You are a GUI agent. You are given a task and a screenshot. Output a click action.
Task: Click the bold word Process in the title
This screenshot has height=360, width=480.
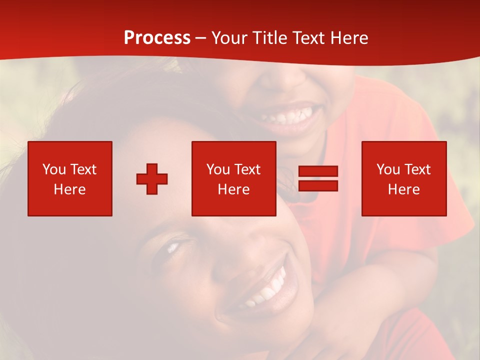tap(157, 38)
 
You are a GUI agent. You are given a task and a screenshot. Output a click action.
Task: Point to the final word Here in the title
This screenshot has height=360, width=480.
tap(349, 38)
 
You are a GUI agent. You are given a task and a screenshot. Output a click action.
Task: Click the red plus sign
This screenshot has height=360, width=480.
tap(152, 179)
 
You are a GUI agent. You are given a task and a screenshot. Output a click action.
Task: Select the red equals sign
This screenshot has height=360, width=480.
tap(318, 178)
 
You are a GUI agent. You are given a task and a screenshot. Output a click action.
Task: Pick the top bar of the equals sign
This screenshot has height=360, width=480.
tap(318, 171)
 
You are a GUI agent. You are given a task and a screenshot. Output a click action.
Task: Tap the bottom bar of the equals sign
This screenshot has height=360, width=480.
tap(318, 185)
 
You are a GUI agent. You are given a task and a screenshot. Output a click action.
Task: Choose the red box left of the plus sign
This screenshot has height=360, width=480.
tap(70, 178)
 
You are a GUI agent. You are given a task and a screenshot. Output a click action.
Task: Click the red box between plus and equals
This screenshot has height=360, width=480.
tap(233, 178)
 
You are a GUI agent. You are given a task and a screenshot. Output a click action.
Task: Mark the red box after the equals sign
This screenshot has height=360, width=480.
tap(404, 178)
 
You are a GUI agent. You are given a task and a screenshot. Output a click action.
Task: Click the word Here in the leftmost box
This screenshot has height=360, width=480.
tap(70, 189)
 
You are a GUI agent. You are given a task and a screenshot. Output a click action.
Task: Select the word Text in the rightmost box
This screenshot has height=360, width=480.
tap(417, 169)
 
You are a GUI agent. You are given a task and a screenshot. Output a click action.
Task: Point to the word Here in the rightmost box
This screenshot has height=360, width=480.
tap(404, 189)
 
